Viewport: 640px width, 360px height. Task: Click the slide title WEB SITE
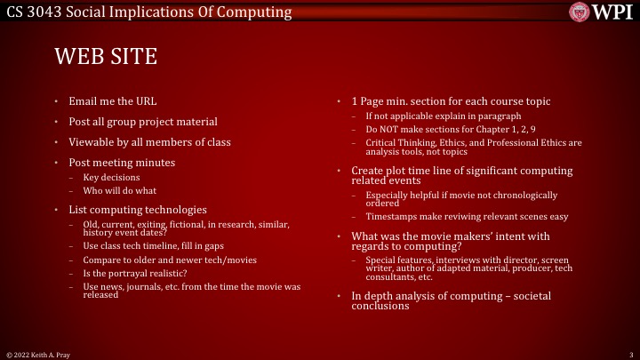click(106, 57)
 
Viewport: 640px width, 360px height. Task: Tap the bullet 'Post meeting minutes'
click(122, 162)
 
